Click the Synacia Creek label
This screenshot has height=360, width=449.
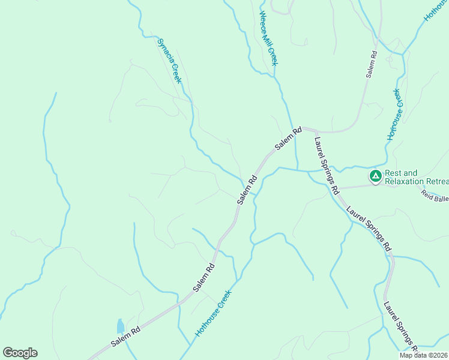point(169,61)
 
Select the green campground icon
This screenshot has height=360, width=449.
point(375,176)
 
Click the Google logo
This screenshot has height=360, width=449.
point(20,353)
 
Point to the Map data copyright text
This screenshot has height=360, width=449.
point(424,355)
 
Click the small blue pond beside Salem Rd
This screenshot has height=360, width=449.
point(120,326)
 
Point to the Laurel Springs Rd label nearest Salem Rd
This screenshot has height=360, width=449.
point(326,166)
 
